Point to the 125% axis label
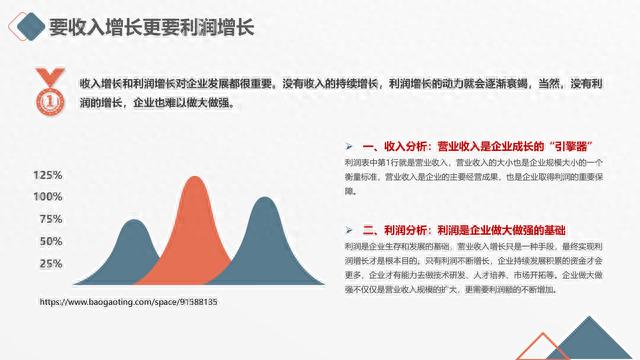click(49, 175)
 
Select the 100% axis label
click(49, 196)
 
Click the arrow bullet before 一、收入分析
click(349, 145)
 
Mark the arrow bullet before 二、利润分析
click(349, 229)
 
